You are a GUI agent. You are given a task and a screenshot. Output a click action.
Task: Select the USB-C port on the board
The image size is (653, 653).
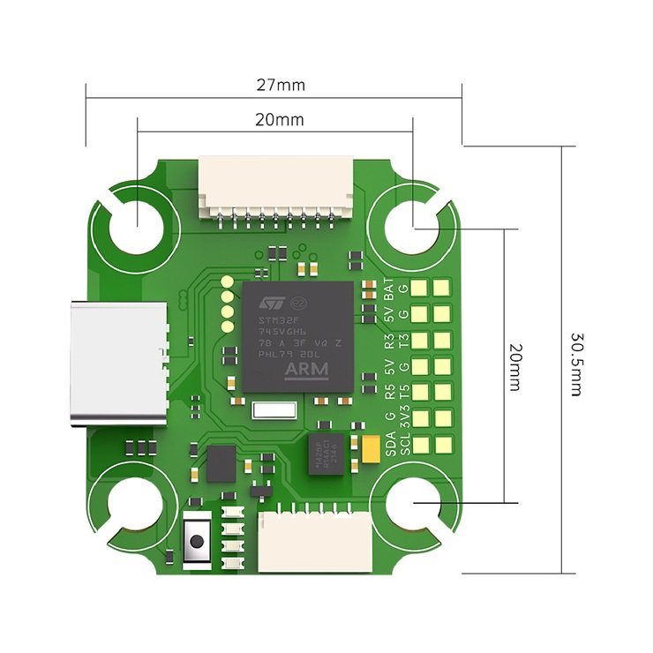pyautogui.click(x=119, y=363)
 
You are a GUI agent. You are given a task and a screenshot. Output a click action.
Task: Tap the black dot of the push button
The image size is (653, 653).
pyautogui.click(x=197, y=537)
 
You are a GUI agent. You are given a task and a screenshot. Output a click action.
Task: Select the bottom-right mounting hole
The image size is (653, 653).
pyautogui.click(x=413, y=506)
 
